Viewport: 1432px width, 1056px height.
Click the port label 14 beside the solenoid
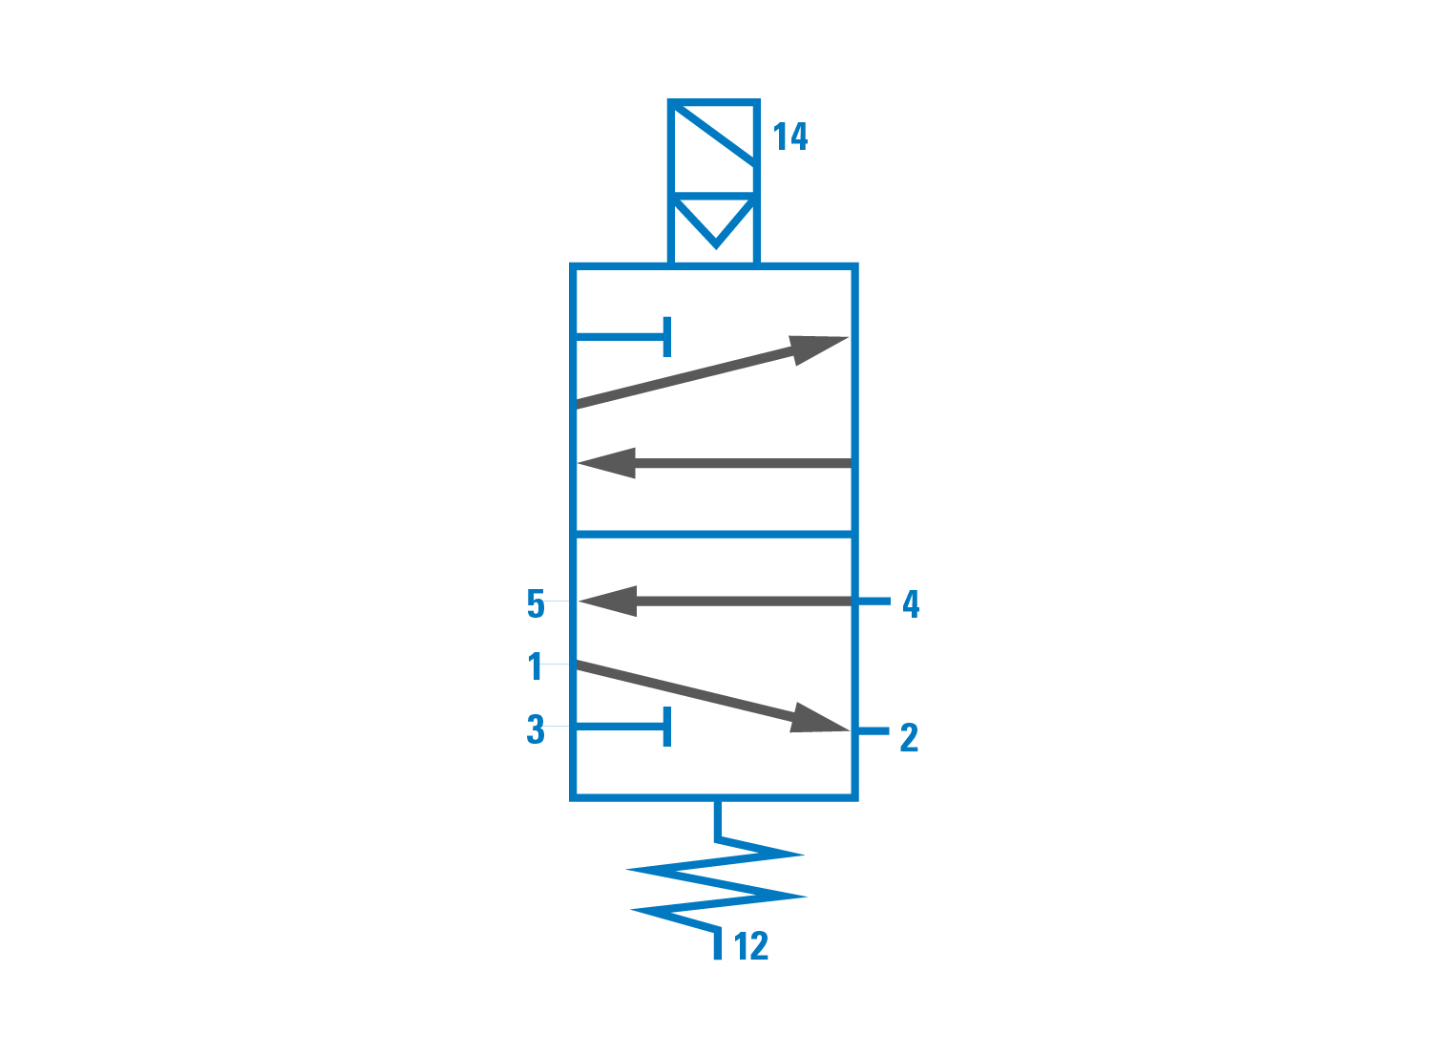790,137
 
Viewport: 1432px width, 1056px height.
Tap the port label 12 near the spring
751,946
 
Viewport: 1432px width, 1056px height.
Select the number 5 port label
536,603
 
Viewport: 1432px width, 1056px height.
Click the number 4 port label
911,603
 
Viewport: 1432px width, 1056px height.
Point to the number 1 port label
536,666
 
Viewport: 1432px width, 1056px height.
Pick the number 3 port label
536,729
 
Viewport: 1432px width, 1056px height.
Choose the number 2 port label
909,737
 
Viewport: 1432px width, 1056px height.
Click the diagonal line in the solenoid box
714,136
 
